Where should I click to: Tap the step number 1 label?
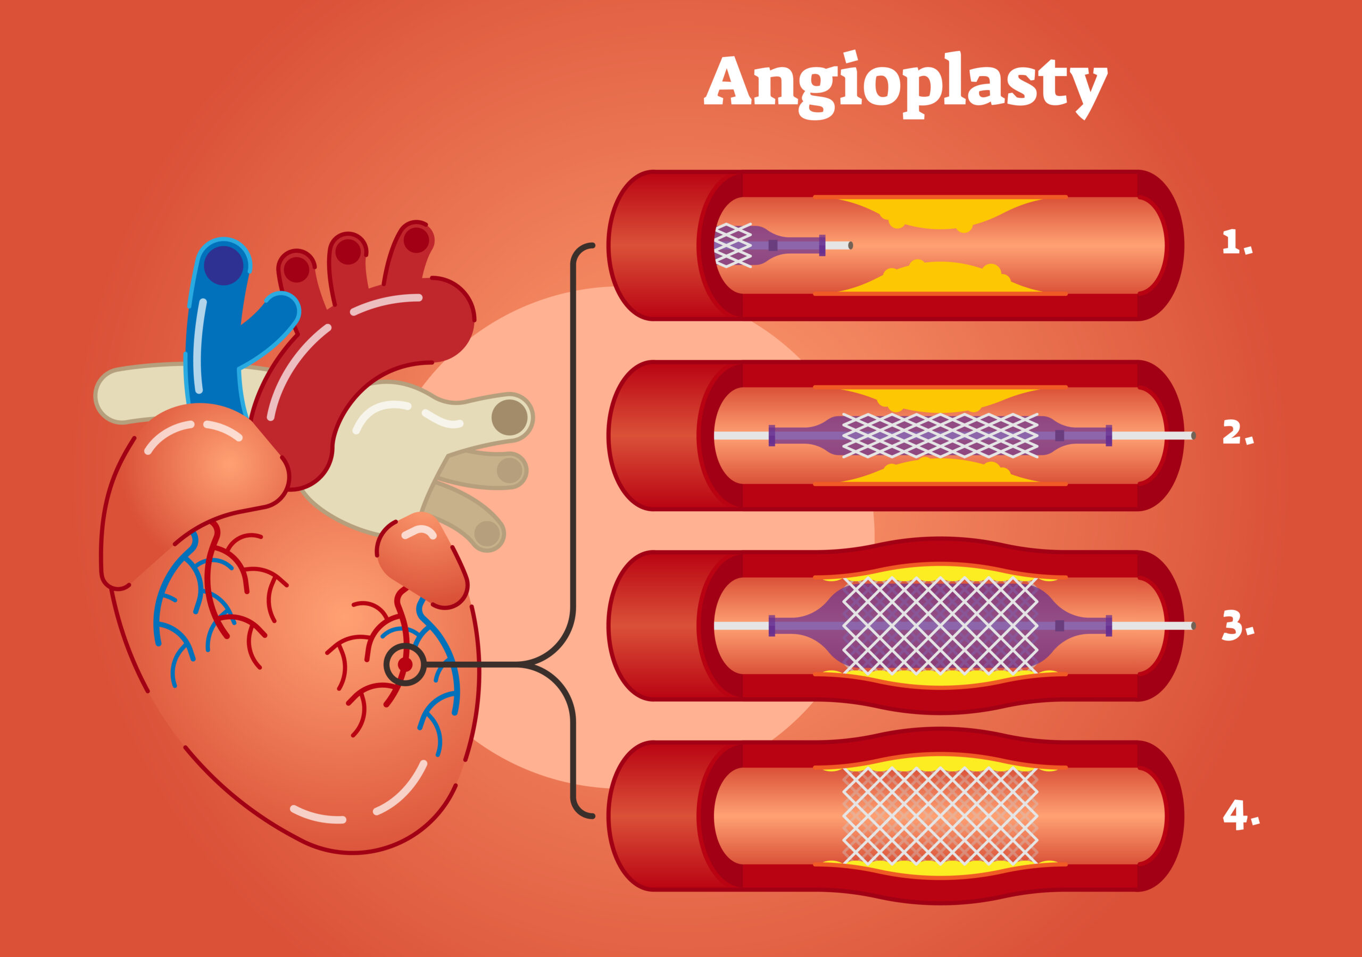[x=1236, y=243]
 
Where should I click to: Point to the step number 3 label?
[x=1238, y=626]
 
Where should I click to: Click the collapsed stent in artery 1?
[x=733, y=245]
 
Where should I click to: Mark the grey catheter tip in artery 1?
[x=850, y=245]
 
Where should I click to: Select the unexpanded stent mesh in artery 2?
[x=940, y=436]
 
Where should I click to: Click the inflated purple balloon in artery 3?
[x=940, y=626]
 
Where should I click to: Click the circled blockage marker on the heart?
[x=405, y=664]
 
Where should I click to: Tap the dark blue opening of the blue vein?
[x=223, y=265]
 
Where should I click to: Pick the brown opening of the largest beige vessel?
[x=510, y=417]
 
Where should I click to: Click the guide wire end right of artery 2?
[x=1192, y=436]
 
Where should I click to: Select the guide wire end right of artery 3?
[x=1192, y=626]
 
